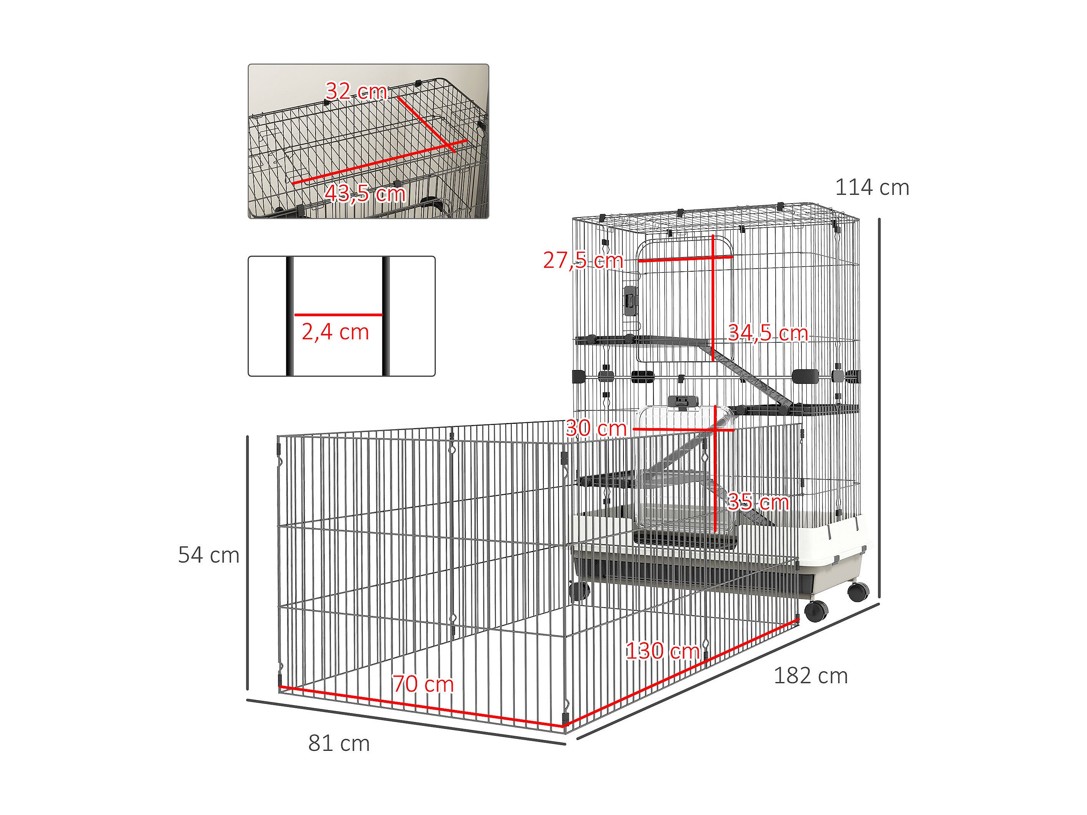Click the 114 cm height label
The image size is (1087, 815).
coord(872,188)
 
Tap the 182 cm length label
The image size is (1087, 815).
coord(810,676)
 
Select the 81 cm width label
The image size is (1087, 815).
coord(339,743)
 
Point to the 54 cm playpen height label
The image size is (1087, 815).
coord(208,555)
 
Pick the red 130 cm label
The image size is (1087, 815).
coord(662,651)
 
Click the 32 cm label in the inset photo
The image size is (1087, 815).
coord(356,91)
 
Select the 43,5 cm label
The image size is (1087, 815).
coord(365,194)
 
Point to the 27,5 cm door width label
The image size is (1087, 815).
coord(583,261)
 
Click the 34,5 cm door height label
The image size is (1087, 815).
coord(768,333)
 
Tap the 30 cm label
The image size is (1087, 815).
coord(596,428)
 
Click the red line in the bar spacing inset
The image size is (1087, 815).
coord(338,314)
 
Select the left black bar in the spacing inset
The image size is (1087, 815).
coord(290,316)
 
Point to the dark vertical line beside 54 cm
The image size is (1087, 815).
coord(248,563)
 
